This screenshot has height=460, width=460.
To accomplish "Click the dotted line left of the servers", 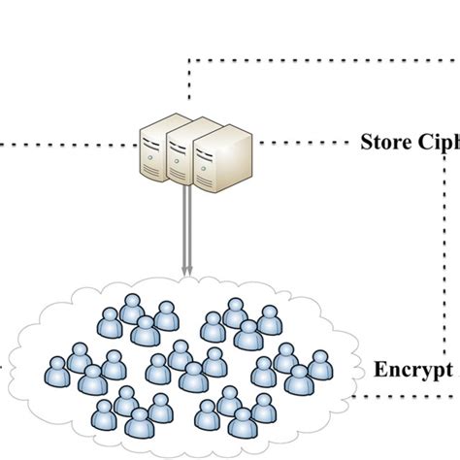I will click(x=58, y=145).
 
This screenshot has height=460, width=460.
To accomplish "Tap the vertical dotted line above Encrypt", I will click(x=445, y=252).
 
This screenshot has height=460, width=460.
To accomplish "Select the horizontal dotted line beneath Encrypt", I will click(x=408, y=396).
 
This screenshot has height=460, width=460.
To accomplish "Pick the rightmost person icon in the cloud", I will click(x=319, y=364).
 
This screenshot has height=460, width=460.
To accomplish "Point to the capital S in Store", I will click(x=366, y=145).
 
